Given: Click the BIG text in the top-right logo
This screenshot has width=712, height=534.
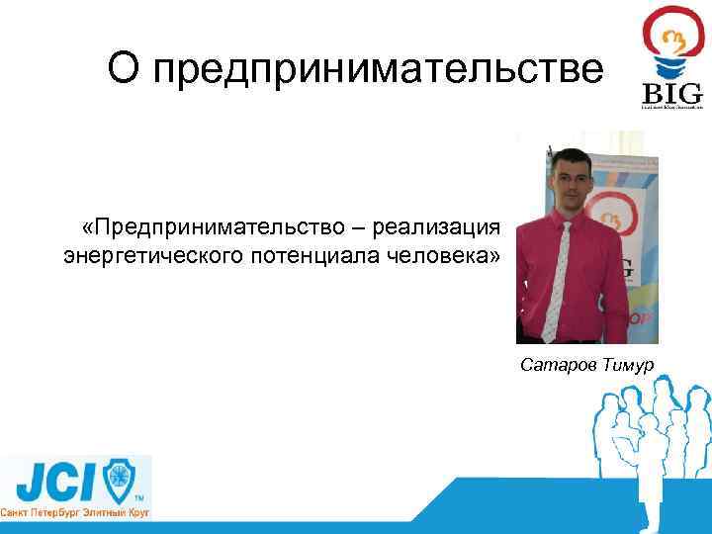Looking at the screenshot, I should pyautogui.click(x=672, y=93).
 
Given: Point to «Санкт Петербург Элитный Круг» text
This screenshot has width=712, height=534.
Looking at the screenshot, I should pyautogui.click(x=75, y=515).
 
